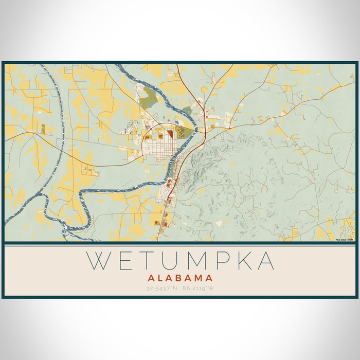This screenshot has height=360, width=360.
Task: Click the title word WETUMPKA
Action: (x=180, y=261)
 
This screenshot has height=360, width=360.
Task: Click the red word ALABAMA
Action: (x=180, y=278)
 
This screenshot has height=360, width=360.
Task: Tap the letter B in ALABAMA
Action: (x=180, y=278)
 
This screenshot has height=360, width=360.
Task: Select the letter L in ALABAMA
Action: (x=159, y=278)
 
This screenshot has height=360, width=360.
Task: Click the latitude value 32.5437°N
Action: (x=162, y=288)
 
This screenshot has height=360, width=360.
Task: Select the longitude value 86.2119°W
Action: (x=197, y=288)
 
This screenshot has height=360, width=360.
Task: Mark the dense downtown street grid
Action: (x=154, y=150)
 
